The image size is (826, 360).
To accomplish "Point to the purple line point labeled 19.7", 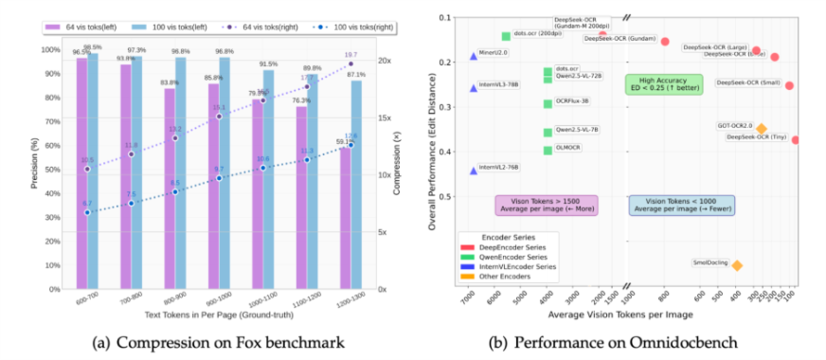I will click(x=350, y=63).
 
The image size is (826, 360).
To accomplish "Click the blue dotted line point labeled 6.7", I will click(x=87, y=212).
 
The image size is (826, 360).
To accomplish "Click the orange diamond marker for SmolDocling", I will click(x=737, y=265).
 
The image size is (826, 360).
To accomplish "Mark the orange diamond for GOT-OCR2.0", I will click(x=761, y=129).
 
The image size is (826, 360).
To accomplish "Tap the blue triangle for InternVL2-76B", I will click(x=474, y=171).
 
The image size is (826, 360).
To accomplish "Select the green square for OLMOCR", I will click(x=548, y=150).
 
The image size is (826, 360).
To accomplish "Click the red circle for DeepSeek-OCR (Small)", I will click(x=789, y=85).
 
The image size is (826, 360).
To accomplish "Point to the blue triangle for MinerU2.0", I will click(x=474, y=57).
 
